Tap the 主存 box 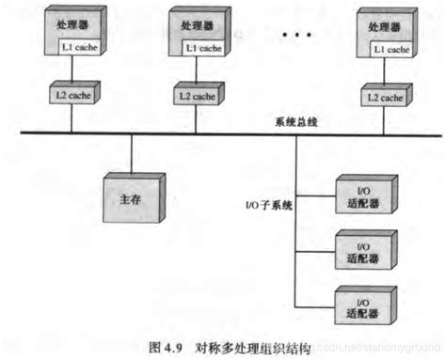click(131, 197)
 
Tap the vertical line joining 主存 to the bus click(131, 153)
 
